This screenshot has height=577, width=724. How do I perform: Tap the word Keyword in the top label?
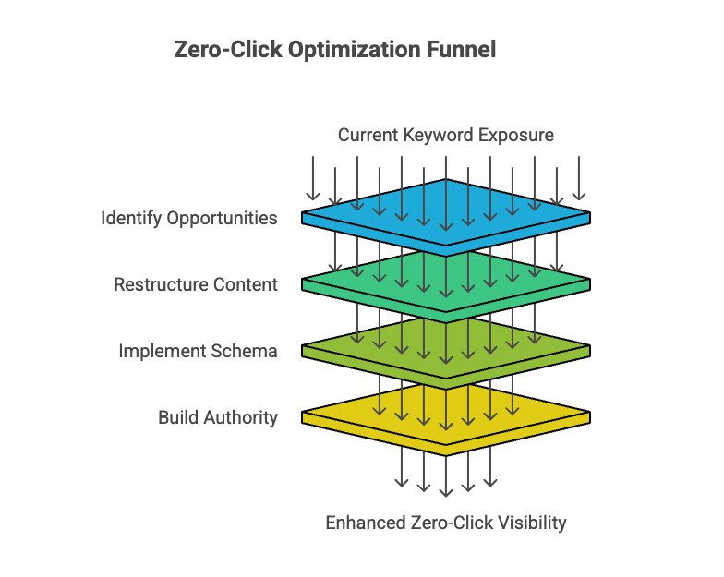[x=439, y=135]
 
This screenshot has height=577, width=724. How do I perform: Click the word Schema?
[x=247, y=352]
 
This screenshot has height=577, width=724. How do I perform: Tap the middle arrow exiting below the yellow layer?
[x=446, y=475]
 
